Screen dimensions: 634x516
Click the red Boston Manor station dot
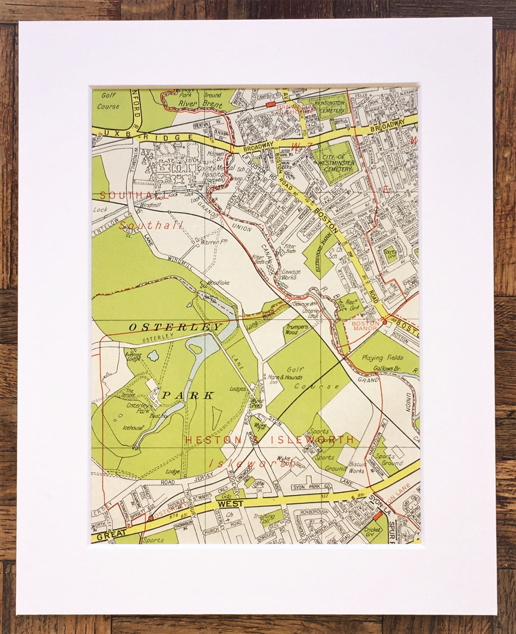[384, 322]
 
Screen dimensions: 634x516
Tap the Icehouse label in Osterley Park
[133, 428]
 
